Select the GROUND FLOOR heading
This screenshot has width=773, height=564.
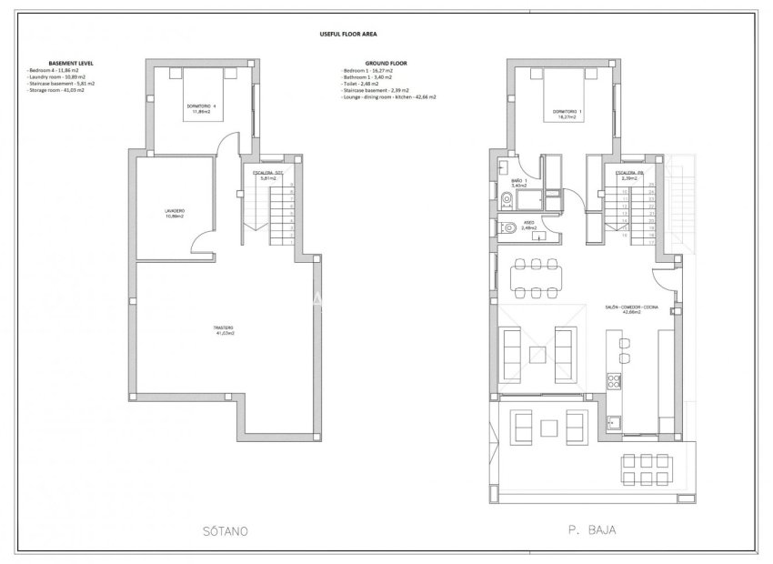pos(361,64)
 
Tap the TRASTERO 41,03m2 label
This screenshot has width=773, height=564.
pos(225,330)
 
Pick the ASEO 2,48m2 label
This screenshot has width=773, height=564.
pos(529,224)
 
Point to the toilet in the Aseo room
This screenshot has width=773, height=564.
pos(507,231)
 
